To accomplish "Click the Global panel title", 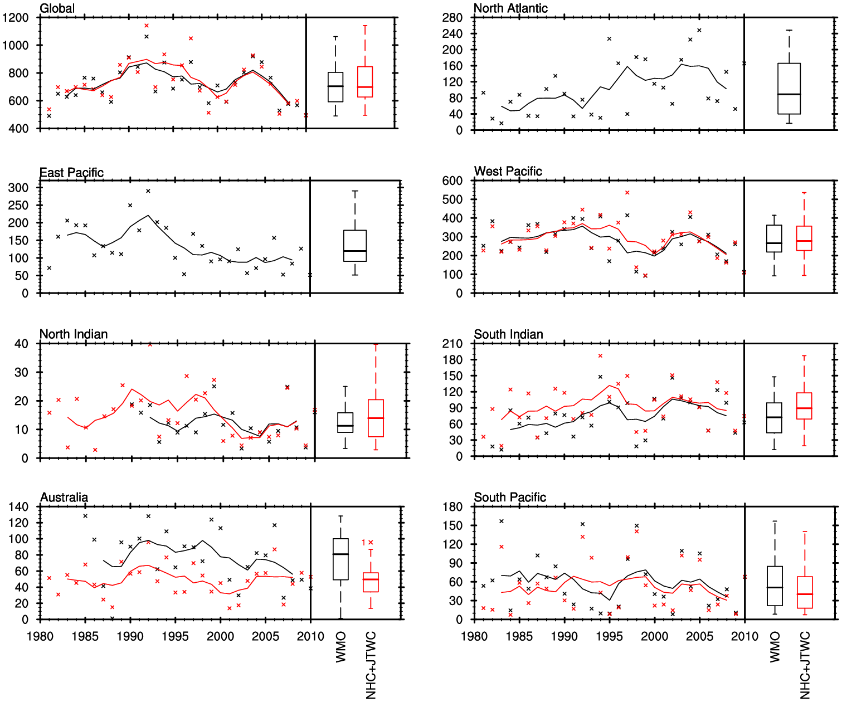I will [57, 8].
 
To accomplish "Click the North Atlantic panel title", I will [510, 8].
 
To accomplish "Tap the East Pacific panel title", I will [71, 173].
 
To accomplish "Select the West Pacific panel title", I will [508, 172].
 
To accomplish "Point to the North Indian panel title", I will [74, 334].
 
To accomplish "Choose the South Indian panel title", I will [508, 334].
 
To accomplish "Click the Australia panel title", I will [64, 498].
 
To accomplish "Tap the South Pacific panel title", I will [510, 498].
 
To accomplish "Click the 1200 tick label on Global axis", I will [15, 18].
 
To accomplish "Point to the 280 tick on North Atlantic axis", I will [452, 18].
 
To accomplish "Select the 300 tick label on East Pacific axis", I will [18, 188].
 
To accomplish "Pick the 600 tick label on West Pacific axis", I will [452, 181].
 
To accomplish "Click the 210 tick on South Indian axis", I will [452, 344].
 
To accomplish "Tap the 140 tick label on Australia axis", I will [18, 507].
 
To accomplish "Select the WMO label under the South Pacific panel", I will [775, 647].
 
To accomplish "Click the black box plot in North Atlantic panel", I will [789, 89].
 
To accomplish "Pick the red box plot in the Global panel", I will [365, 82].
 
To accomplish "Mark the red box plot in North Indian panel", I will [376, 418].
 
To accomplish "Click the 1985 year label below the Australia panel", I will [85, 636].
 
